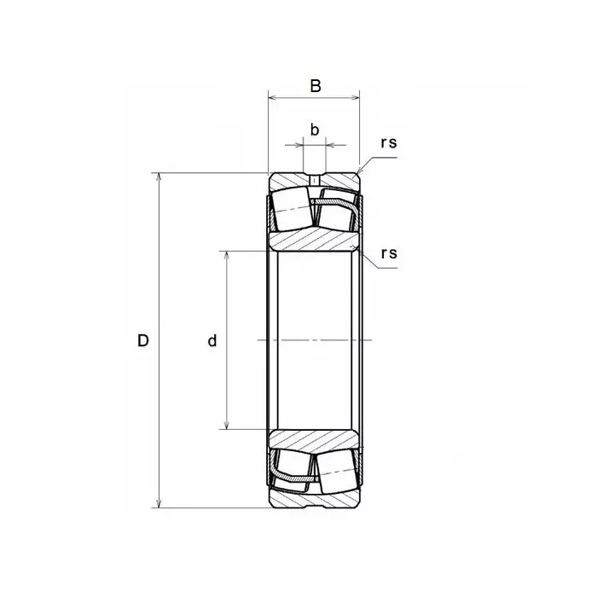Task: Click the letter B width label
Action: click(316, 86)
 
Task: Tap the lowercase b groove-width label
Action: click(315, 130)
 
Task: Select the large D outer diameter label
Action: click(142, 340)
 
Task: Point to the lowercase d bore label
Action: click(212, 340)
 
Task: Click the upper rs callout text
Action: click(389, 142)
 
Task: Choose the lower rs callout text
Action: click(389, 253)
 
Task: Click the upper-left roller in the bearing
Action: click(293, 209)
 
